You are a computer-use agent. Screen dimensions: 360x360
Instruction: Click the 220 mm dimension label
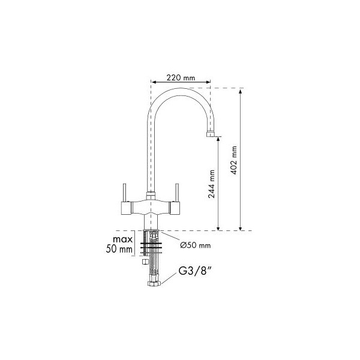click(181, 78)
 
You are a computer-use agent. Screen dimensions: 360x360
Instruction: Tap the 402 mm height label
click(234, 160)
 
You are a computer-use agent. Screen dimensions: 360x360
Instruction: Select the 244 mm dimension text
click(211, 184)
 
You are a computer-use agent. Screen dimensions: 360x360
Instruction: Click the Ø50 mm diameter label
click(196, 245)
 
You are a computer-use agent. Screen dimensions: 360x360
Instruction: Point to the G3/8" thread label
click(194, 271)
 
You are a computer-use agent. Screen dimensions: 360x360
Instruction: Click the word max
click(122, 239)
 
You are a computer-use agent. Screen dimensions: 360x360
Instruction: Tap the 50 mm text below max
click(119, 249)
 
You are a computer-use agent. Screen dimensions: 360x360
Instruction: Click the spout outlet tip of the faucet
click(211, 134)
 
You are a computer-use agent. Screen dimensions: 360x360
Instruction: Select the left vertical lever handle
click(124, 193)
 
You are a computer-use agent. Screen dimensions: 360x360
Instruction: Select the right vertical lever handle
click(177, 193)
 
